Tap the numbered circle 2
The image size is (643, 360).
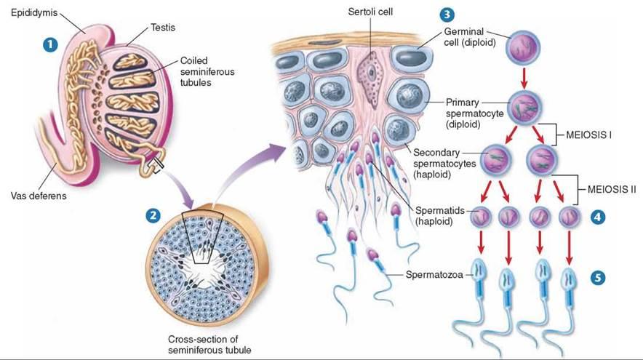[153, 215]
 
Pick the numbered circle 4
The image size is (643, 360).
[597, 216]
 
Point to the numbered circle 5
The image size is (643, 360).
[597, 277]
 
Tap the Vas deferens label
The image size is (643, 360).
[39, 194]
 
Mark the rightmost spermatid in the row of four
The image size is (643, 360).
[568, 217]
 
